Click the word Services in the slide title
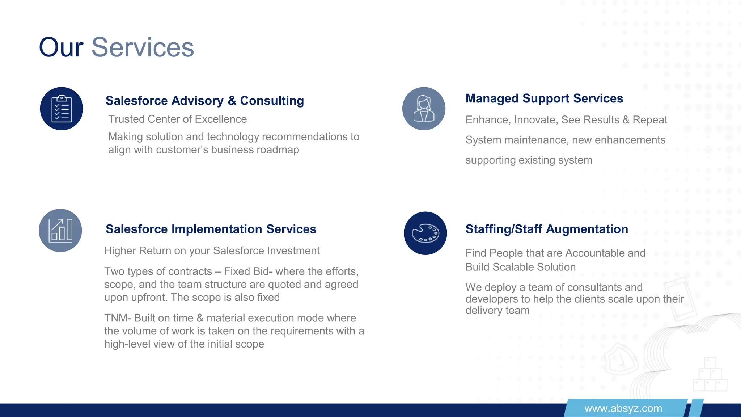tap(143, 47)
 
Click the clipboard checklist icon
tap(62, 109)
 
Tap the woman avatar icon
tap(424, 109)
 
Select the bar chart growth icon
tap(60, 230)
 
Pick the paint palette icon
tap(425, 233)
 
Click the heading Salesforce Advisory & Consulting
tap(204, 101)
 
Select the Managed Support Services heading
tap(544, 98)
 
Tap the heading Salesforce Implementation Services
tap(211, 229)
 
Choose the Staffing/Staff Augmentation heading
tap(546, 229)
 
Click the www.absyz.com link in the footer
tap(623, 408)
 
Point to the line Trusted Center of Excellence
tap(177, 119)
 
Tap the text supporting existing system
tap(529, 160)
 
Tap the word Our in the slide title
tap(61, 47)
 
